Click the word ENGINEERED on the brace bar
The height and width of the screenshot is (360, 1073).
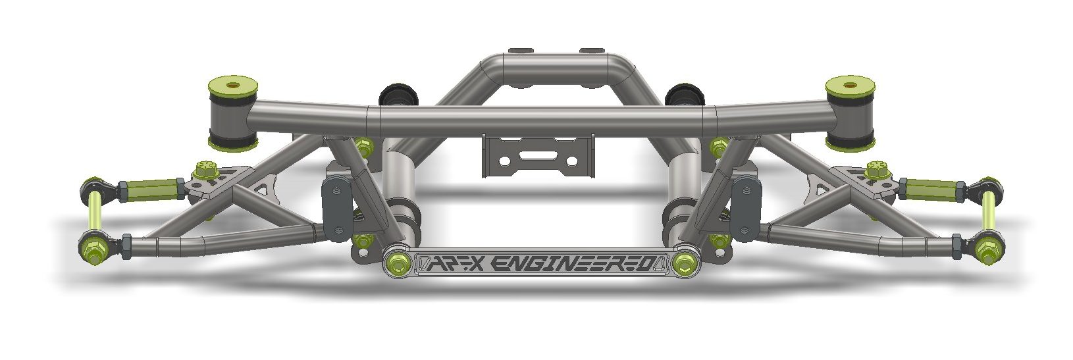click(x=575, y=265)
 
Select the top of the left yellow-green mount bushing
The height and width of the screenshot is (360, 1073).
click(x=232, y=85)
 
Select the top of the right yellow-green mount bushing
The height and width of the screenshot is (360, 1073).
click(x=850, y=85)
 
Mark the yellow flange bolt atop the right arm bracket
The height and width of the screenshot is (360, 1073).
click(x=877, y=170)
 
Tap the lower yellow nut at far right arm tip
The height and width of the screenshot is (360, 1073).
click(x=987, y=250)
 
